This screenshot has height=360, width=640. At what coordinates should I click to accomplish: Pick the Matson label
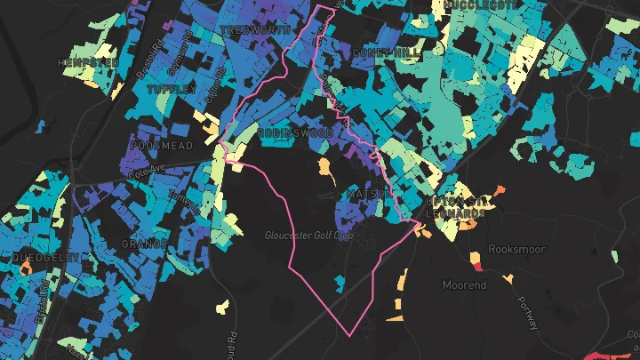click(x=365, y=193)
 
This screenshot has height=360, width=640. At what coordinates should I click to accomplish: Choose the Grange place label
click(x=145, y=244)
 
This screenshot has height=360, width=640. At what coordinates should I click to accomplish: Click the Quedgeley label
click(x=45, y=257)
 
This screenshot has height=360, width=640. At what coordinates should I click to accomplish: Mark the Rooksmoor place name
click(x=517, y=250)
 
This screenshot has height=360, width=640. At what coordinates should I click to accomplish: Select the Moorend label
click(x=465, y=285)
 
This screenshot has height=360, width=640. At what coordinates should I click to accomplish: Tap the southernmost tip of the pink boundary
click(x=351, y=336)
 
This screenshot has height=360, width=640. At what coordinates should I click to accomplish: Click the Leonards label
click(x=456, y=214)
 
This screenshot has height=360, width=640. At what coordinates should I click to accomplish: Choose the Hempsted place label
click(x=87, y=63)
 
